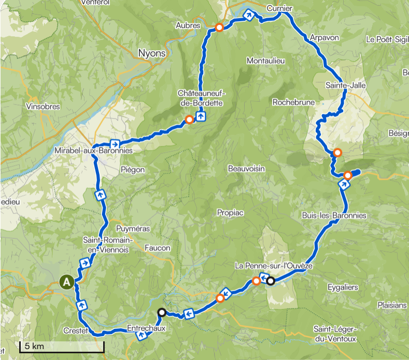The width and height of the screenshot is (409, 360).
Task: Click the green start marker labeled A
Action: pos(66,282)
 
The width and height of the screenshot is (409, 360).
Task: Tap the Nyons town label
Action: pos(152,53)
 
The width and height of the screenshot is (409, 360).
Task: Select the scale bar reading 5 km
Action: pos(62,347)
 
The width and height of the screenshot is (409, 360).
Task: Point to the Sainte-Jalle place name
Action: pos(343,85)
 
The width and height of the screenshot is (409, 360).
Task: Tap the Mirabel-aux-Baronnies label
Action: pos(93,151)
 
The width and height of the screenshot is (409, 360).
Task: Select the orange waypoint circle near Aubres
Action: pos(219,27)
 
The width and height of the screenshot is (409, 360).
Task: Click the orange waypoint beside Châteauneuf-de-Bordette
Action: pos(189,120)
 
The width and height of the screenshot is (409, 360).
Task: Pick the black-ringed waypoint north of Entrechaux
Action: pos(162,312)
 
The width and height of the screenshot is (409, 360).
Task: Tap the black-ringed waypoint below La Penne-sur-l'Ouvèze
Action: pos(270,281)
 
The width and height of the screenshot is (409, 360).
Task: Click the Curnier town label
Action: pos(279,8)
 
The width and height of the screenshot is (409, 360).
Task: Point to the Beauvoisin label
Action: pos(246,169)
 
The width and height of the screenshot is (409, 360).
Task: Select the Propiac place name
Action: pos(231,213)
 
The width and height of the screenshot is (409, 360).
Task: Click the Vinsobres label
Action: pos(43,107)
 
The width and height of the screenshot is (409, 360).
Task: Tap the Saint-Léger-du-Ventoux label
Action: pos(335,335)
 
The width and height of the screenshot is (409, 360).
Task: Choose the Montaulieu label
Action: pos(266,61)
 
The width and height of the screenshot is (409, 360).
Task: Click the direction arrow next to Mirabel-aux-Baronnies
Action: pos(115,143)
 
